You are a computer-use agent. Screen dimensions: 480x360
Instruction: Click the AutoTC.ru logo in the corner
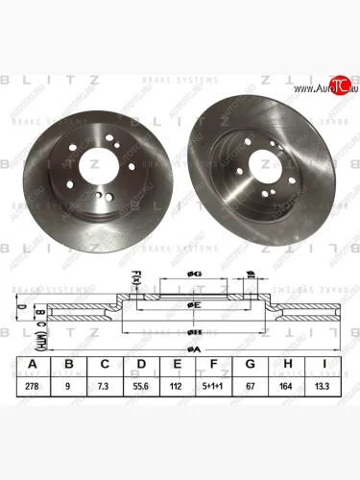pos(324,88)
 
